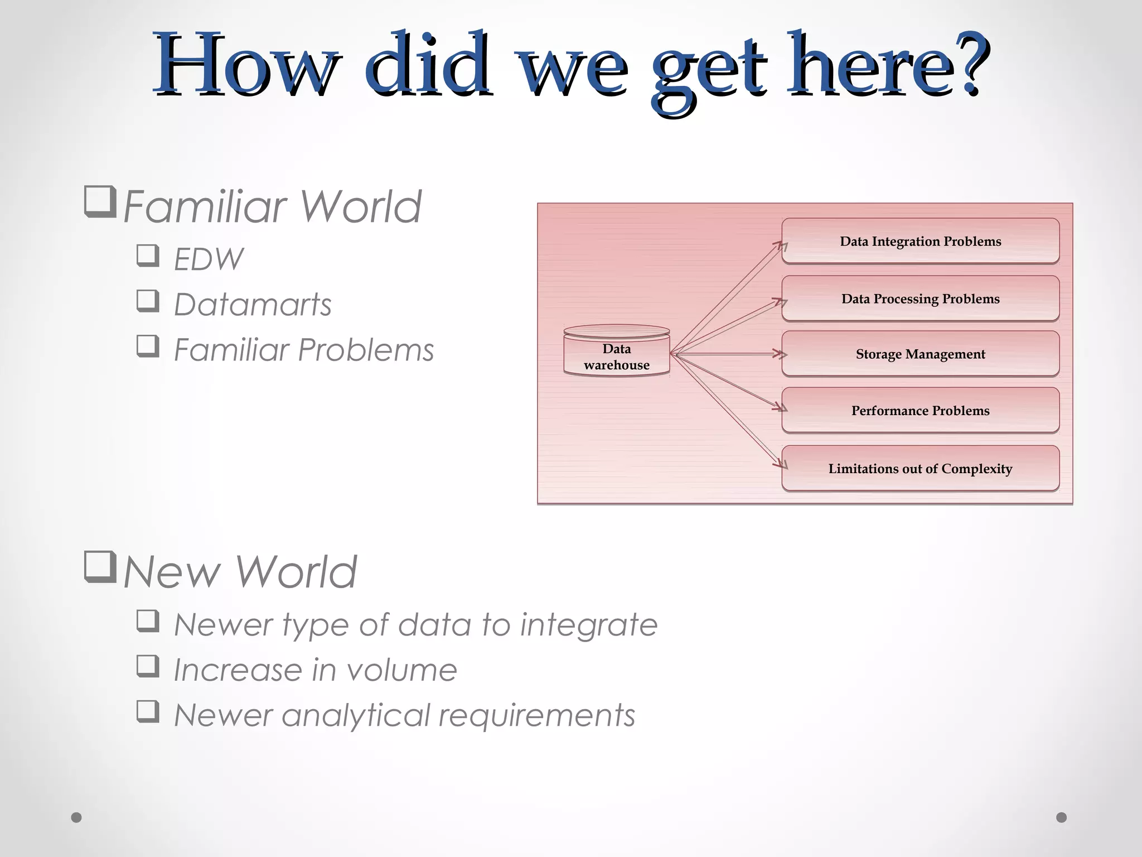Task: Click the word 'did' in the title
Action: click(428, 64)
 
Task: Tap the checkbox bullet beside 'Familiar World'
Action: click(100, 201)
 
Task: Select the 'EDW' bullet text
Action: click(209, 259)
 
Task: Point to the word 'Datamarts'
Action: click(253, 305)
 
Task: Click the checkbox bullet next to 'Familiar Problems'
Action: click(148, 346)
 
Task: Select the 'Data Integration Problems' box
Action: click(920, 241)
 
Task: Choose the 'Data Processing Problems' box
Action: click(920, 298)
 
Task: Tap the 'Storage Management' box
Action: click(920, 354)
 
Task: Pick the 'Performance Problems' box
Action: click(920, 411)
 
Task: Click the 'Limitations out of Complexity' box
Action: click(920, 469)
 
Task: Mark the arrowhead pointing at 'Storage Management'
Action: click(780, 354)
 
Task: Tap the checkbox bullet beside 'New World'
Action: click(100, 566)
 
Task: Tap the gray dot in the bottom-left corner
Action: click(76, 817)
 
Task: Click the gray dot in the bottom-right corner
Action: click(1062, 817)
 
